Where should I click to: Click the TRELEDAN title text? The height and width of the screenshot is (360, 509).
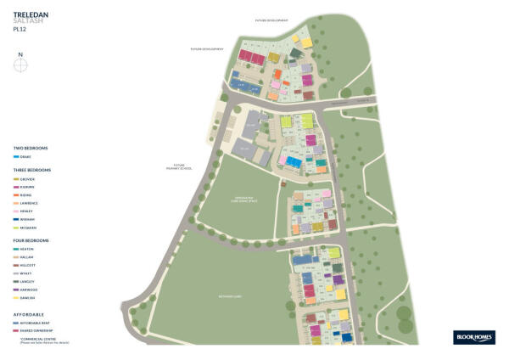click(29, 14)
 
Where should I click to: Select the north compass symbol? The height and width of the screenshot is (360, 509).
click(20, 63)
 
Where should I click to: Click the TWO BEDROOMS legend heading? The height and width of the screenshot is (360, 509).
click(31, 149)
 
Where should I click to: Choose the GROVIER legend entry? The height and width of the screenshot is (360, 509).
click(26, 180)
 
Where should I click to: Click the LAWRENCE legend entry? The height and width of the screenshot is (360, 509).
click(27, 204)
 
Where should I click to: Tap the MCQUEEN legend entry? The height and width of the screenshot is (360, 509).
click(27, 228)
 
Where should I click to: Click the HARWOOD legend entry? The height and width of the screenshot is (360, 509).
click(27, 290)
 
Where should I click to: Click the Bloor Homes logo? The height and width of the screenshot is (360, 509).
click(468, 336)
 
